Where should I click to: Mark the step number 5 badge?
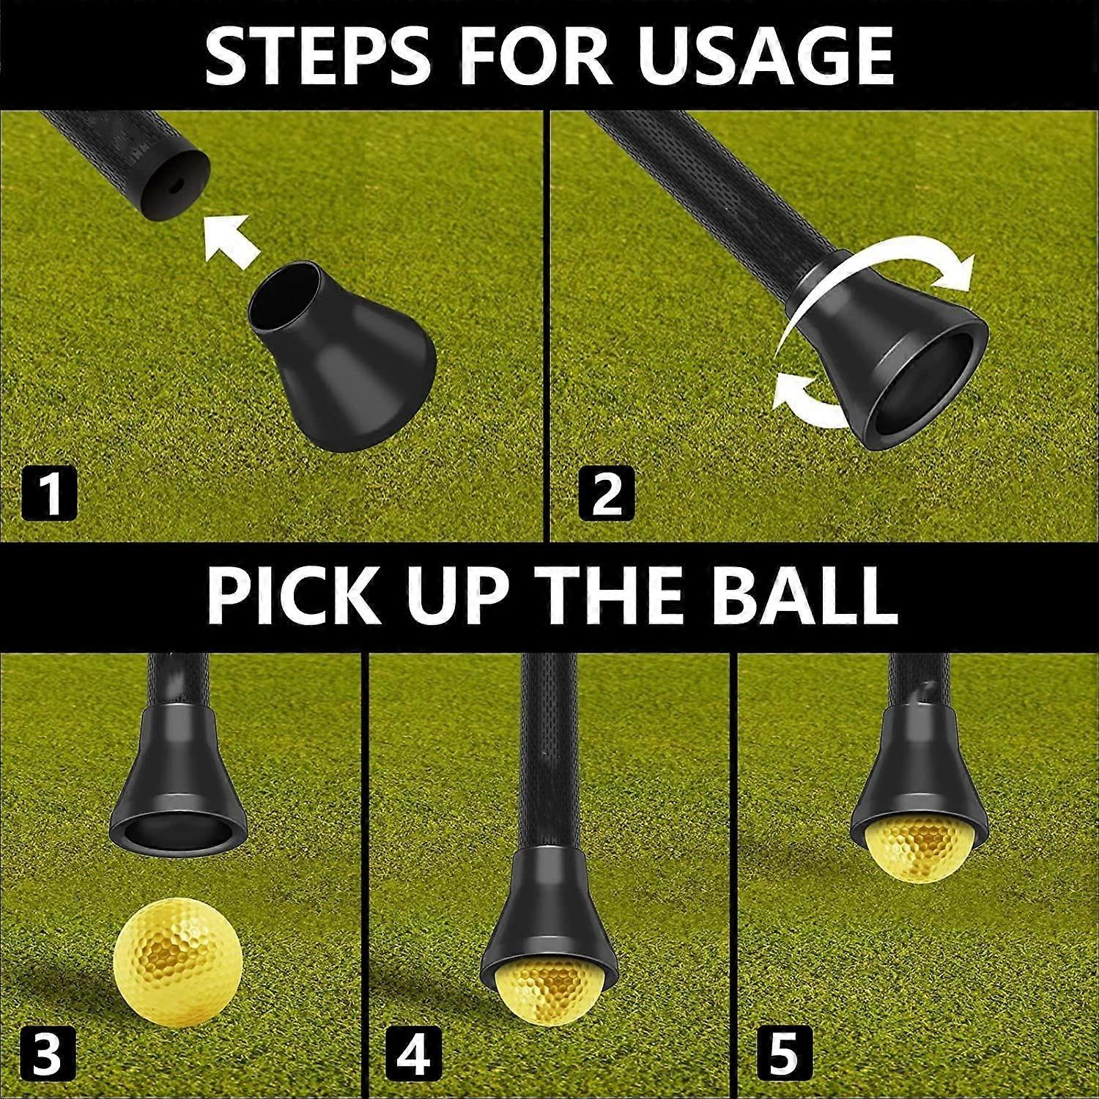782,1052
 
